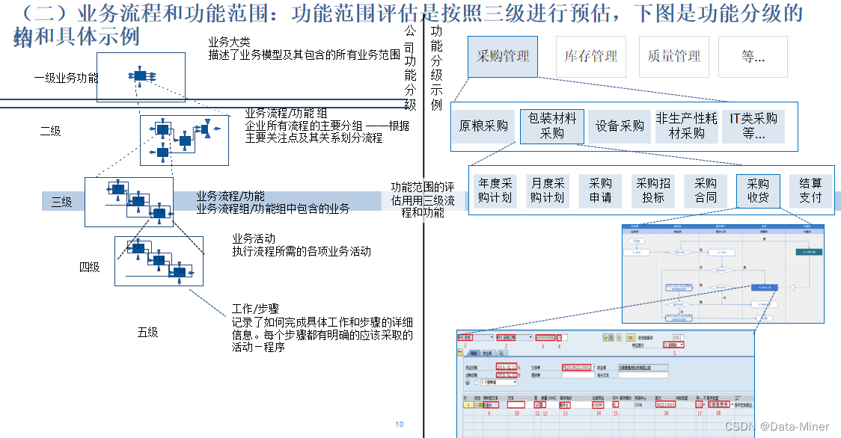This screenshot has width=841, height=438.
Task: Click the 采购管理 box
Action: coord(503,56)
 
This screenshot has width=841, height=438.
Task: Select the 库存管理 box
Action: coord(591,56)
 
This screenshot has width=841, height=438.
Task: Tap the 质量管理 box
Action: coord(674,56)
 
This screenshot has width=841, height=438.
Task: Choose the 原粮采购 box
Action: coord(483,126)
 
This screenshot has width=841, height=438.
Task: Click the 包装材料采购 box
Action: coord(552,126)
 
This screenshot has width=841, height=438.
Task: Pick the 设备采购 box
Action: coord(620,126)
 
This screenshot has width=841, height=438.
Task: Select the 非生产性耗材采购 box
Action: coord(686,126)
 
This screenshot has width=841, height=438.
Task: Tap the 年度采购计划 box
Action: coord(495,191)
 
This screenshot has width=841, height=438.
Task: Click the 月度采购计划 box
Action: coord(548,191)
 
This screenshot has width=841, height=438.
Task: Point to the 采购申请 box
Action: coord(600,191)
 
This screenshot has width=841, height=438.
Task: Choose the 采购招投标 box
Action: coord(653,191)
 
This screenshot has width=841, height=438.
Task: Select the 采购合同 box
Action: coord(706,191)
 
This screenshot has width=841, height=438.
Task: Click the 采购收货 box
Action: coord(758,191)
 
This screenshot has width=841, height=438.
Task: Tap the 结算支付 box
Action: coord(810,191)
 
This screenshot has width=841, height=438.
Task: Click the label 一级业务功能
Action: coord(66,77)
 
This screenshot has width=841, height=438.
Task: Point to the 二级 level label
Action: coord(50,132)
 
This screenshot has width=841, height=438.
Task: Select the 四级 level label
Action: coord(89,267)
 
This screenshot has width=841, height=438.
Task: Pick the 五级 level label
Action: coord(147,332)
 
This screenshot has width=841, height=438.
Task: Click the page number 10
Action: coord(399,425)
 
